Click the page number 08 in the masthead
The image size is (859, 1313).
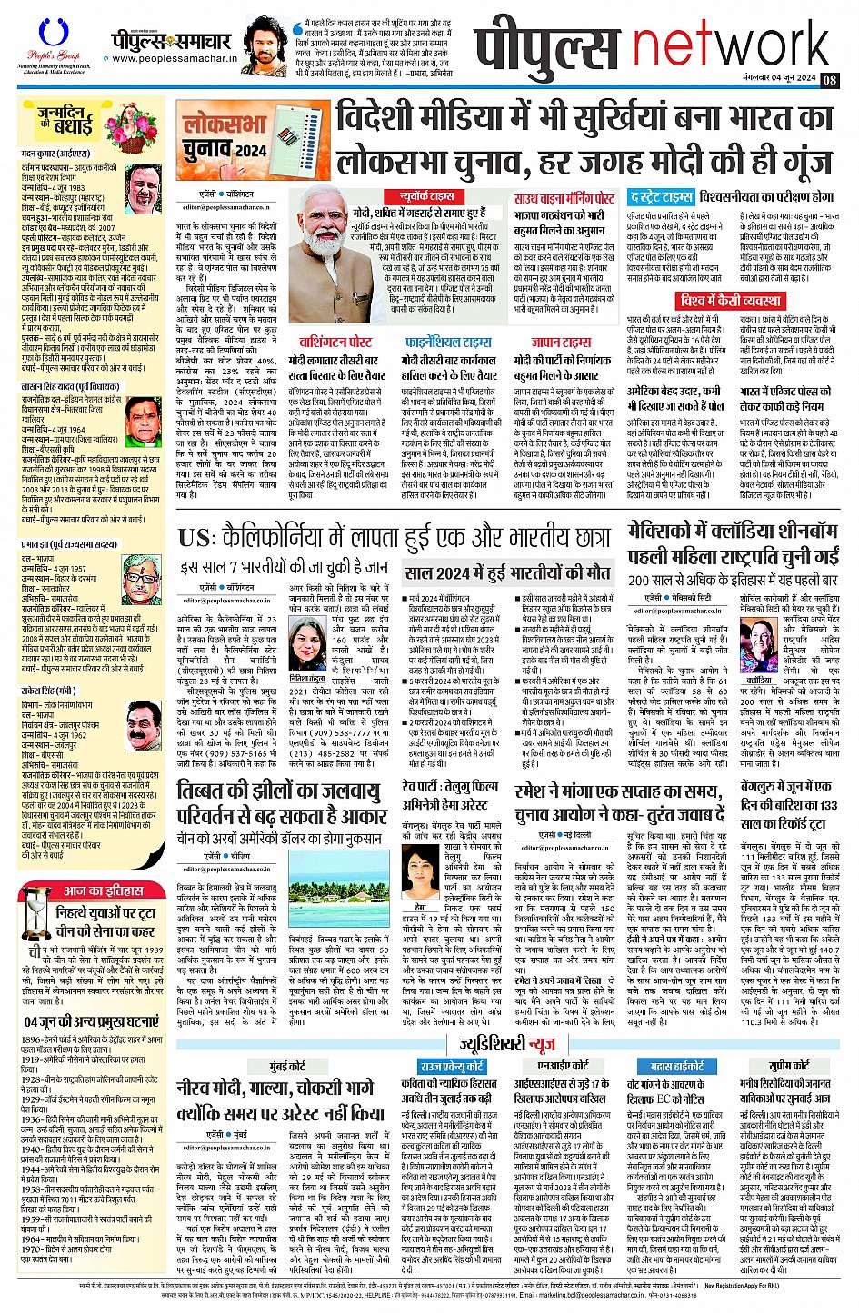coord(829,79)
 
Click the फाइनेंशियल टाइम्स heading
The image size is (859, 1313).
coord(448,342)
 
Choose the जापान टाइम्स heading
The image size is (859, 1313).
coord(561,342)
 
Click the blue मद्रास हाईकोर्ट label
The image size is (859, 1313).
coord(677,1065)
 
